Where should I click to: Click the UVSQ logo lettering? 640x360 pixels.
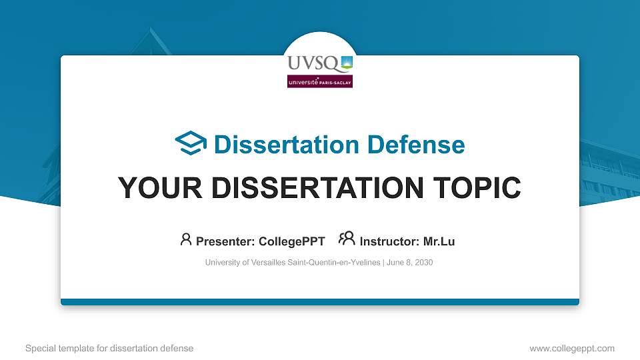pos(313,64)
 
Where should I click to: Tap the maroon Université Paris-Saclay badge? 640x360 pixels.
pos(320,81)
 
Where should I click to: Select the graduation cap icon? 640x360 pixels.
pos(191,143)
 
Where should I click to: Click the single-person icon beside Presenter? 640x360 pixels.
pos(186,239)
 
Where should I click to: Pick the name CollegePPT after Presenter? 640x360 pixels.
pos(292,241)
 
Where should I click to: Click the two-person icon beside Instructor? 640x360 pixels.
pos(347,239)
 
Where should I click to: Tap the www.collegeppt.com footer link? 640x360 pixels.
pos(572,348)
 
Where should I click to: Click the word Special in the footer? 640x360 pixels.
pos(38,348)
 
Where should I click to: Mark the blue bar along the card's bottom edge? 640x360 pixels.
pos(320,302)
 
